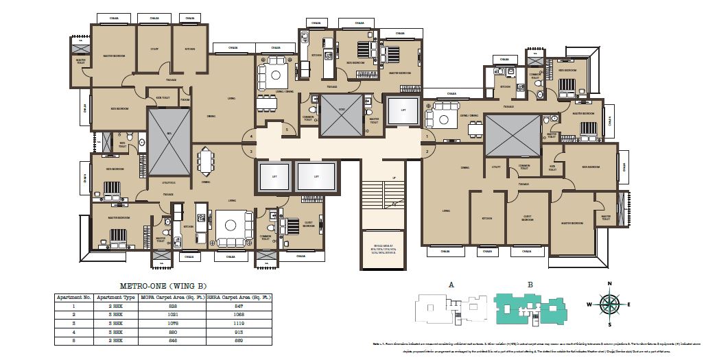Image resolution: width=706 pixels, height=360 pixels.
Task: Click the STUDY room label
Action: (x=154, y=49)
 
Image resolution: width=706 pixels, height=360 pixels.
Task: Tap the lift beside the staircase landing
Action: (x=401, y=110)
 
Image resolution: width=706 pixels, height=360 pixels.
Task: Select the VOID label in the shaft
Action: (x=341, y=110)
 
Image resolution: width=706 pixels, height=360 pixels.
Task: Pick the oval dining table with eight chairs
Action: (x=205, y=163)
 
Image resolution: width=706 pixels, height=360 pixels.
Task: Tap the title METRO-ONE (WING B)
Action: (x=163, y=285)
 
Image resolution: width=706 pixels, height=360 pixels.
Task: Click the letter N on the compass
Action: (x=609, y=283)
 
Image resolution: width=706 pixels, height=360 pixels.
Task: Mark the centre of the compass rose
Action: (x=609, y=304)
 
